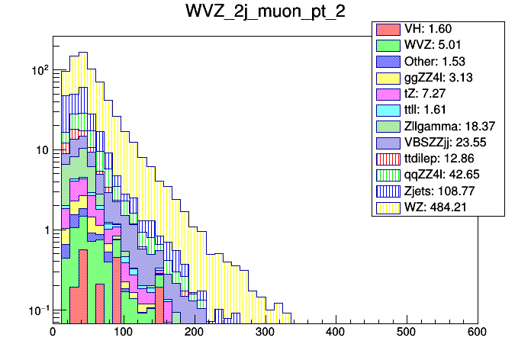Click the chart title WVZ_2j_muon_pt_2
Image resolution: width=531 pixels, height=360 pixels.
pos(265,13)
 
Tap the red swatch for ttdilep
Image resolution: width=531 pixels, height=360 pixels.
pos(387,158)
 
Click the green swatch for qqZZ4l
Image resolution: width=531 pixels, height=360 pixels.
pos(387,175)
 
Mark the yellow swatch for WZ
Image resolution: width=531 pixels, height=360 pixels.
pos(387,207)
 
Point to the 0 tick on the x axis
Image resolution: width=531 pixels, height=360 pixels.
pos(53,333)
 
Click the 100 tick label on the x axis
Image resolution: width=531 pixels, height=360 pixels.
pos(124,333)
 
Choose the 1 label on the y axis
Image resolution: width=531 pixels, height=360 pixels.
pos(44,230)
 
